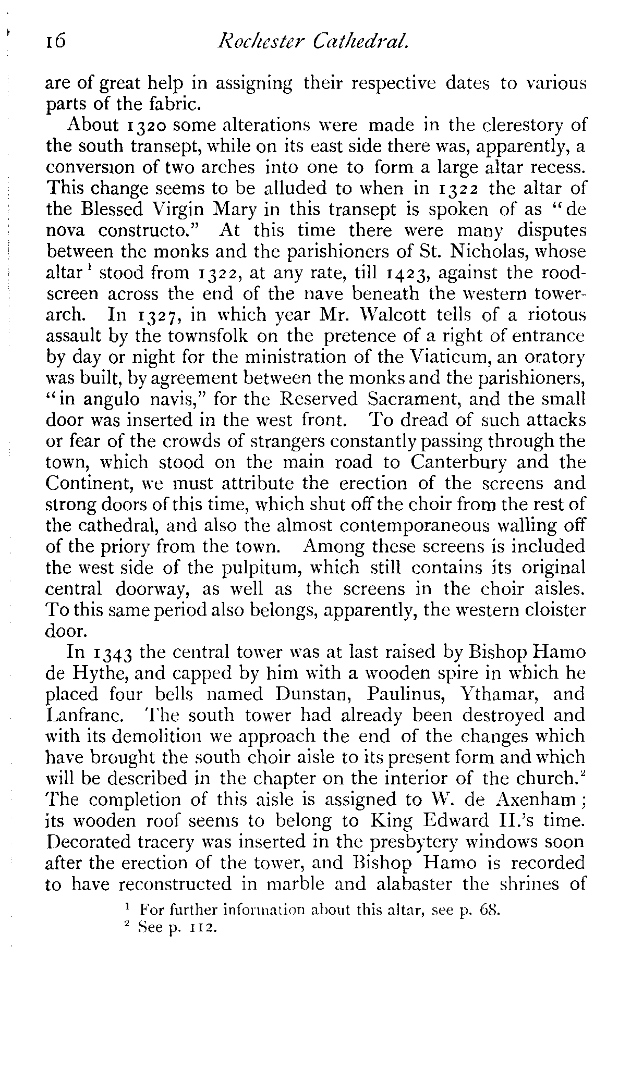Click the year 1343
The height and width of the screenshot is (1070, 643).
point(113,653)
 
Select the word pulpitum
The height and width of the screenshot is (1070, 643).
point(317,568)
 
